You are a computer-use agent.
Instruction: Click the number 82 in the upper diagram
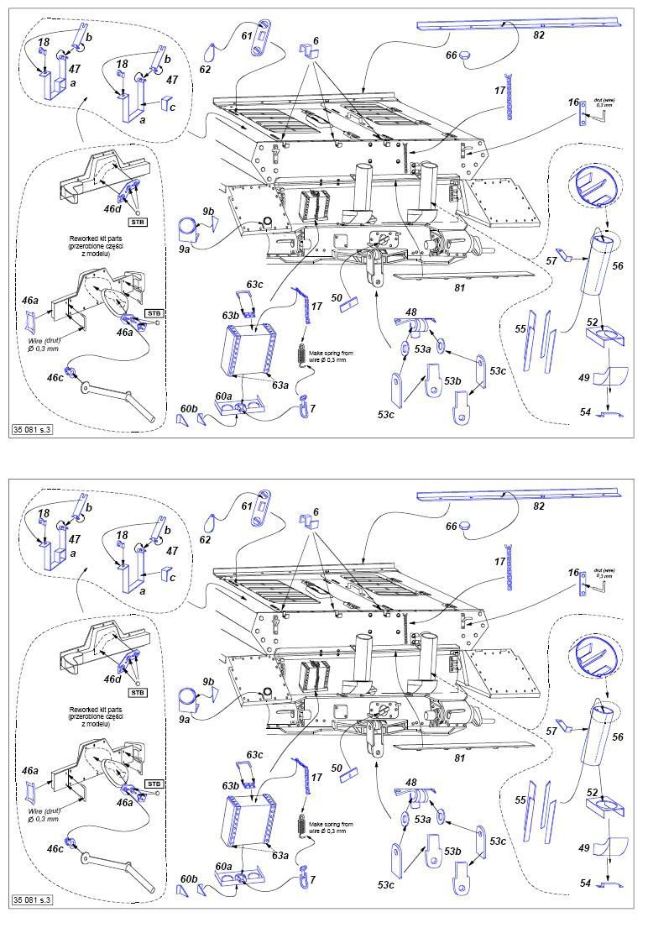[539, 37]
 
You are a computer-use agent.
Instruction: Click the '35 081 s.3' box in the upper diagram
[33, 429]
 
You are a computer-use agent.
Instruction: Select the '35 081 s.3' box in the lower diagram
[33, 899]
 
